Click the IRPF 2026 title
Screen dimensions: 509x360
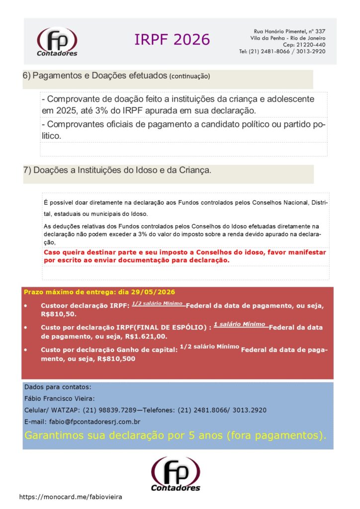coord(172,40)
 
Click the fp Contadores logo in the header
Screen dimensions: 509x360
coord(57,42)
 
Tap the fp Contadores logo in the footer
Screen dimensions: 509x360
coord(176,474)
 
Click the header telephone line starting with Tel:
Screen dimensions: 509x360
coord(282,51)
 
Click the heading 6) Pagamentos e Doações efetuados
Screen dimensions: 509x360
coord(95,76)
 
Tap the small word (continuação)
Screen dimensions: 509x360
coord(189,77)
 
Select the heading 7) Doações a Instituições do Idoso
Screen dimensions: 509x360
coord(117,170)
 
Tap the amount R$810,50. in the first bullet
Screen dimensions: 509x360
coord(58,314)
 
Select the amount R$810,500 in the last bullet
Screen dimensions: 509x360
coord(116,358)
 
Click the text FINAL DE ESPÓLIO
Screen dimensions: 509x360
coord(174,328)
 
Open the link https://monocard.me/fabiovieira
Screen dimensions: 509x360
coord(70,497)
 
